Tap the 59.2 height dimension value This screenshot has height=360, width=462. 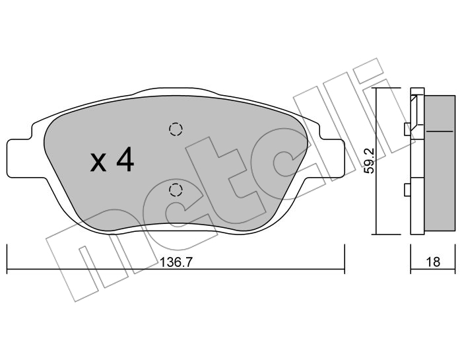pyautogui.click(x=369, y=161)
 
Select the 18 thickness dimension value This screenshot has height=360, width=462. pyautogui.click(x=433, y=262)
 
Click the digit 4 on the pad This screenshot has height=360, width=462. pyautogui.click(x=125, y=159)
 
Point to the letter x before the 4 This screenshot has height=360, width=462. pyautogui.click(x=98, y=162)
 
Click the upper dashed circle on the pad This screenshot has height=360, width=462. pyautogui.click(x=176, y=129)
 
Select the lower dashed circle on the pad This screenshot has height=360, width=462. pyautogui.click(x=176, y=190)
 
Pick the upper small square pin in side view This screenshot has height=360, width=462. pyautogui.click(x=407, y=129)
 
